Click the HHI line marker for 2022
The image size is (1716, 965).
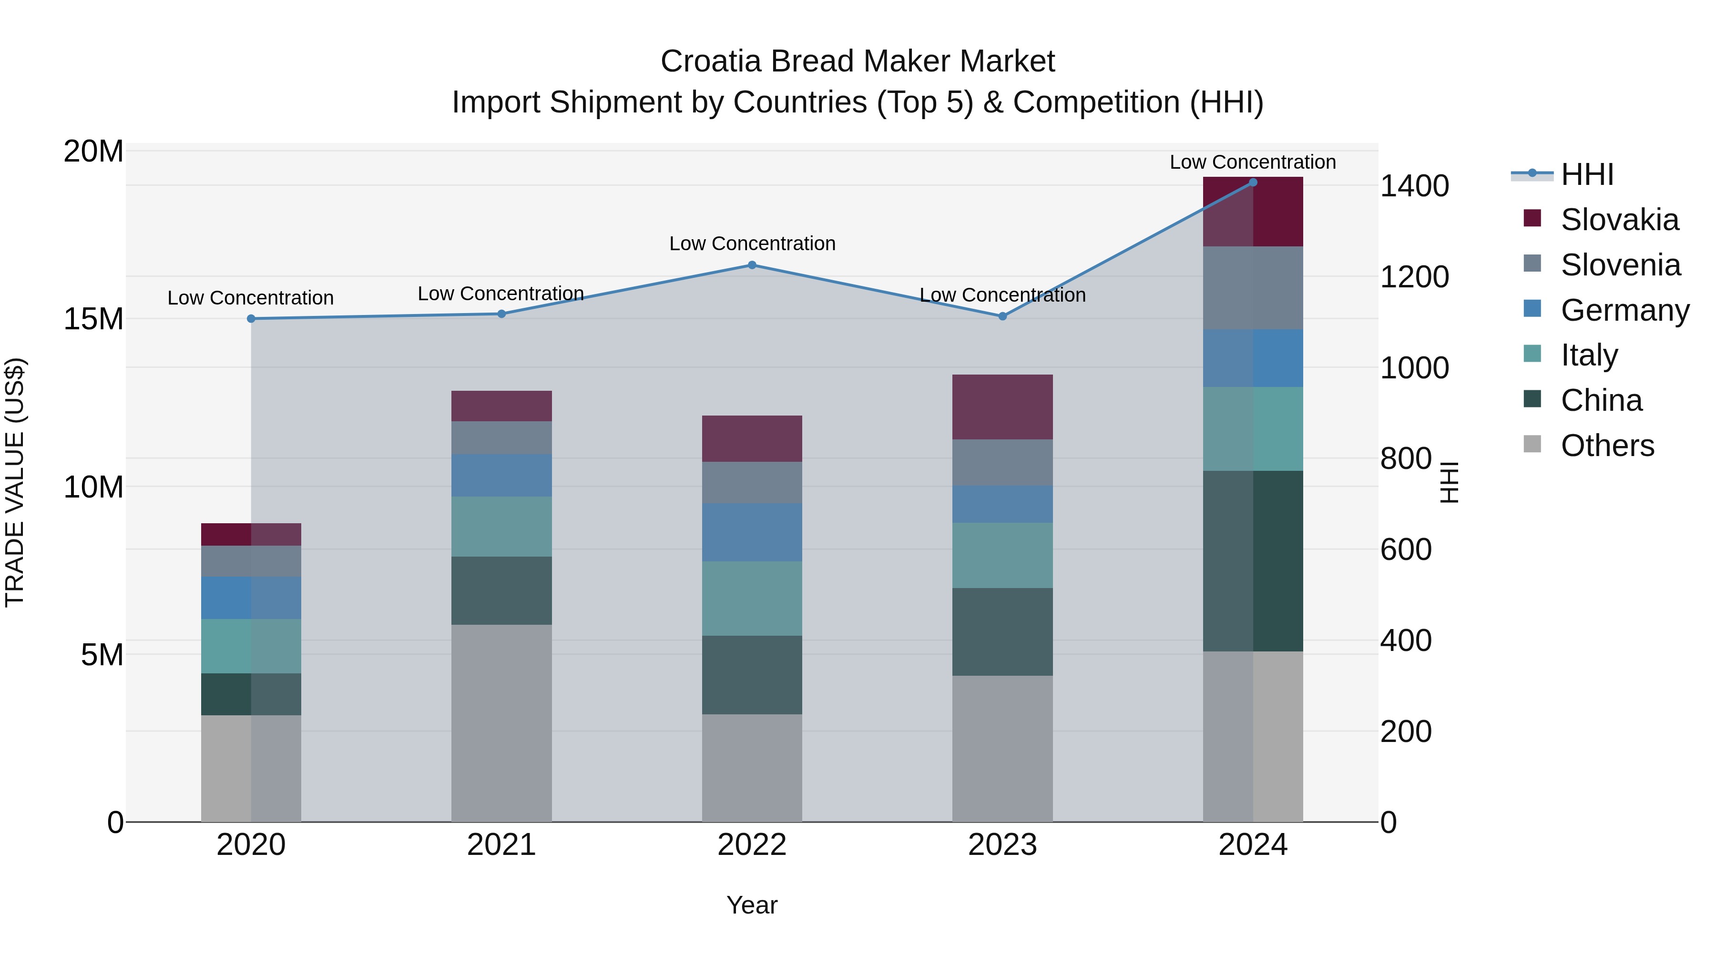pyautogui.click(x=752, y=265)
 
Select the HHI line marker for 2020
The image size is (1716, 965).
pyautogui.click(x=251, y=319)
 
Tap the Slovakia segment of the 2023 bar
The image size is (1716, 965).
pyautogui.click(x=1002, y=407)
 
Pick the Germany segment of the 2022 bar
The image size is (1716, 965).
pyautogui.click(x=752, y=532)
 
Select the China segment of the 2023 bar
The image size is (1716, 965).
pyautogui.click(x=1002, y=632)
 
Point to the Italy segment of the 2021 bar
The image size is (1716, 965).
pyautogui.click(x=501, y=526)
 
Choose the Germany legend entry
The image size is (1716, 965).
pyautogui.click(x=1624, y=310)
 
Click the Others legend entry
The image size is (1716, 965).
pyautogui.click(x=1607, y=446)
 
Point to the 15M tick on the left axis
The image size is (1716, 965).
pyautogui.click(x=93, y=319)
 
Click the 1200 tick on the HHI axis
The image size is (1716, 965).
pyautogui.click(x=1414, y=277)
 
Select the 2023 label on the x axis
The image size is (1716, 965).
pyautogui.click(x=1002, y=845)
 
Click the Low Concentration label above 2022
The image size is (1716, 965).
pyautogui.click(x=752, y=244)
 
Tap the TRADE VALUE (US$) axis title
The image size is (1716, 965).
pyautogui.click(x=15, y=483)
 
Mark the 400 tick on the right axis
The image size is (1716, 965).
pyautogui.click(x=1406, y=640)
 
